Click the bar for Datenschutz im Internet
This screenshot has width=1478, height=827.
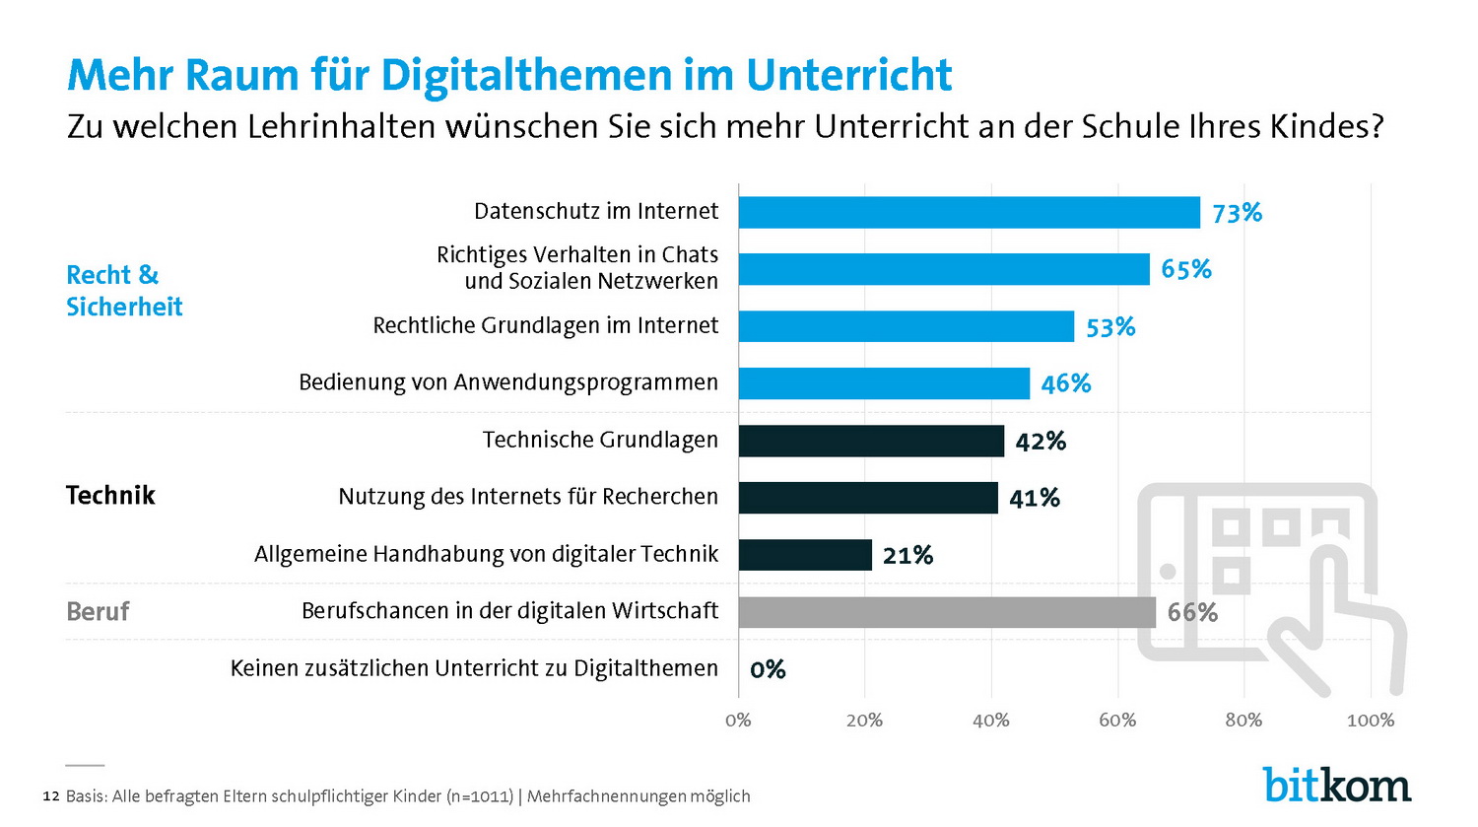[969, 213]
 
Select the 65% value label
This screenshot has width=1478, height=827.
[1186, 269]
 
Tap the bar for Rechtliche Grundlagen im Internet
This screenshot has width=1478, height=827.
[906, 326]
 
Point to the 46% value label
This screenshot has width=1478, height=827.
[1066, 383]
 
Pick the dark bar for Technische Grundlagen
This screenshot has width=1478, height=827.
[871, 441]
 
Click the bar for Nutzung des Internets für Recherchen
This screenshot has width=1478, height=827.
[867, 498]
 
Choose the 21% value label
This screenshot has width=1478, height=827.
[907, 556]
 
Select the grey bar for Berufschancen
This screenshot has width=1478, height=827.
[946, 612]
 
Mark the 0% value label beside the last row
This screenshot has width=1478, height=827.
[768, 670]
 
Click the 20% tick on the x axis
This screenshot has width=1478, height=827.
[864, 721]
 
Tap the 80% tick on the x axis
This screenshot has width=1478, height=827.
[1243, 721]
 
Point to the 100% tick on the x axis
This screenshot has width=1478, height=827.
[1370, 721]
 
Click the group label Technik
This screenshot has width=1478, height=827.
[110, 495]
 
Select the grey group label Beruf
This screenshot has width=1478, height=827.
[98, 612]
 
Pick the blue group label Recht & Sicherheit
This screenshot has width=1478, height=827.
[124, 291]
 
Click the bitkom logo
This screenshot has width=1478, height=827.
[1336, 785]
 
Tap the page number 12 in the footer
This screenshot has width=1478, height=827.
[51, 795]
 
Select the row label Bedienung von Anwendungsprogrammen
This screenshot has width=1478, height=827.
[508, 382]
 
